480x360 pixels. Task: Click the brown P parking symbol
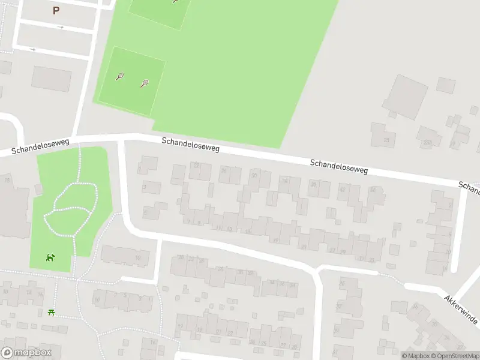coord(56,10)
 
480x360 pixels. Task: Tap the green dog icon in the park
coord(50,258)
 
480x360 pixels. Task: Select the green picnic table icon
coord(52,313)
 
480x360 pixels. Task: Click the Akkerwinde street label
coord(461,310)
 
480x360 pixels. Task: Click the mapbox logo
coord(26,353)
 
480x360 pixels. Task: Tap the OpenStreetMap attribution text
coord(454,356)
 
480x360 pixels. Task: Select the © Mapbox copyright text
coord(415,356)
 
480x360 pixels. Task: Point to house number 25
coord(386,140)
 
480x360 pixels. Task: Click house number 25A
coord(427,143)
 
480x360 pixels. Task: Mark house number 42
coord(343,190)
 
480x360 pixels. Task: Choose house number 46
coord(373,190)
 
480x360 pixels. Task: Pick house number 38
coord(313,185)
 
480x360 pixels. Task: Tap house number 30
coord(254,175)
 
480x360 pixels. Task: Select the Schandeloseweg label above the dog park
coord(41,146)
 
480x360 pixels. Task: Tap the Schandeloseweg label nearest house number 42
coord(338,167)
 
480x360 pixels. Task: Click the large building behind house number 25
coord(405,95)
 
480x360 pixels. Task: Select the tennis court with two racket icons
coord(131,82)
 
